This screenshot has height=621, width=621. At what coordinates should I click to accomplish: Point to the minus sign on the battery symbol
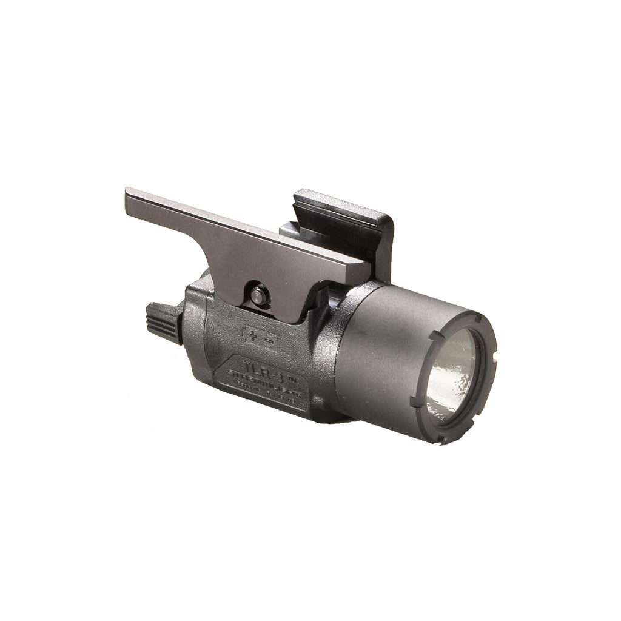pos(267,338)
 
